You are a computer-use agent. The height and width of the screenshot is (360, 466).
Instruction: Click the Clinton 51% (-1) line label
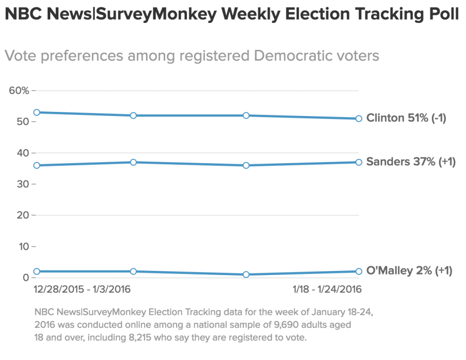[406, 118]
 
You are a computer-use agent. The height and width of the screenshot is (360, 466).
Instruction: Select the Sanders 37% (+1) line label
[411, 162]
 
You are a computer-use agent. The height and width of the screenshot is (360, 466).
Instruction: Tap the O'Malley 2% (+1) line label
[409, 270]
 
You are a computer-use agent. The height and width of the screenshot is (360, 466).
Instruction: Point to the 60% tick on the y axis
[19, 91]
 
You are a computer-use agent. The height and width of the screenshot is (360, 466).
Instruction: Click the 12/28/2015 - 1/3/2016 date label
[82, 289]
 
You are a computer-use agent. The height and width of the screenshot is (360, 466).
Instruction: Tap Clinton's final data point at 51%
[359, 119]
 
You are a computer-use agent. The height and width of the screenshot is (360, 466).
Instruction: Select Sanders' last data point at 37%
[359, 162]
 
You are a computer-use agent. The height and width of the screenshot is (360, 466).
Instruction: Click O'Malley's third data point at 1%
[246, 275]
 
